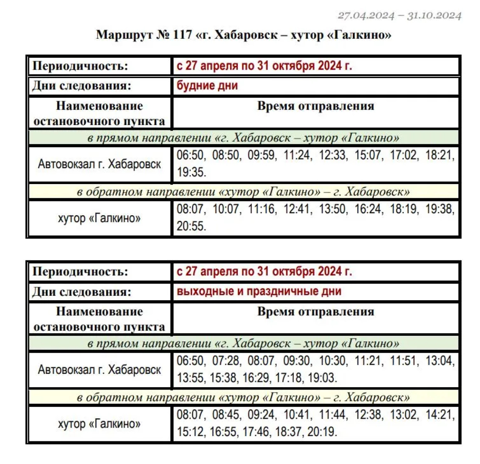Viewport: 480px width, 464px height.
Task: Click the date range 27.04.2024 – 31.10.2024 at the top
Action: tap(399, 16)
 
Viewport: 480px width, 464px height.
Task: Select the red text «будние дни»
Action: tap(207, 86)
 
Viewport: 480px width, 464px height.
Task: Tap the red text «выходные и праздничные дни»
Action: tap(259, 291)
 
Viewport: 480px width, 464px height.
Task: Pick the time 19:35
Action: tap(191, 172)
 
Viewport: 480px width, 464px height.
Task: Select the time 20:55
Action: tap(191, 226)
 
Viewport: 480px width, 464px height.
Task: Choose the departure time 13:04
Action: tap(439, 360)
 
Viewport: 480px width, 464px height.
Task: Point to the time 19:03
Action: tap(322, 378)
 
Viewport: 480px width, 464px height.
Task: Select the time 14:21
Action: tap(439, 415)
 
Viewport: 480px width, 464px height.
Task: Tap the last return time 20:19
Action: tap(322, 432)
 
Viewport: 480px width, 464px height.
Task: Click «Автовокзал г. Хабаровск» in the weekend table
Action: tap(99, 370)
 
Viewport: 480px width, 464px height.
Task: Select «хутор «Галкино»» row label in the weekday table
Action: tap(99, 218)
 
